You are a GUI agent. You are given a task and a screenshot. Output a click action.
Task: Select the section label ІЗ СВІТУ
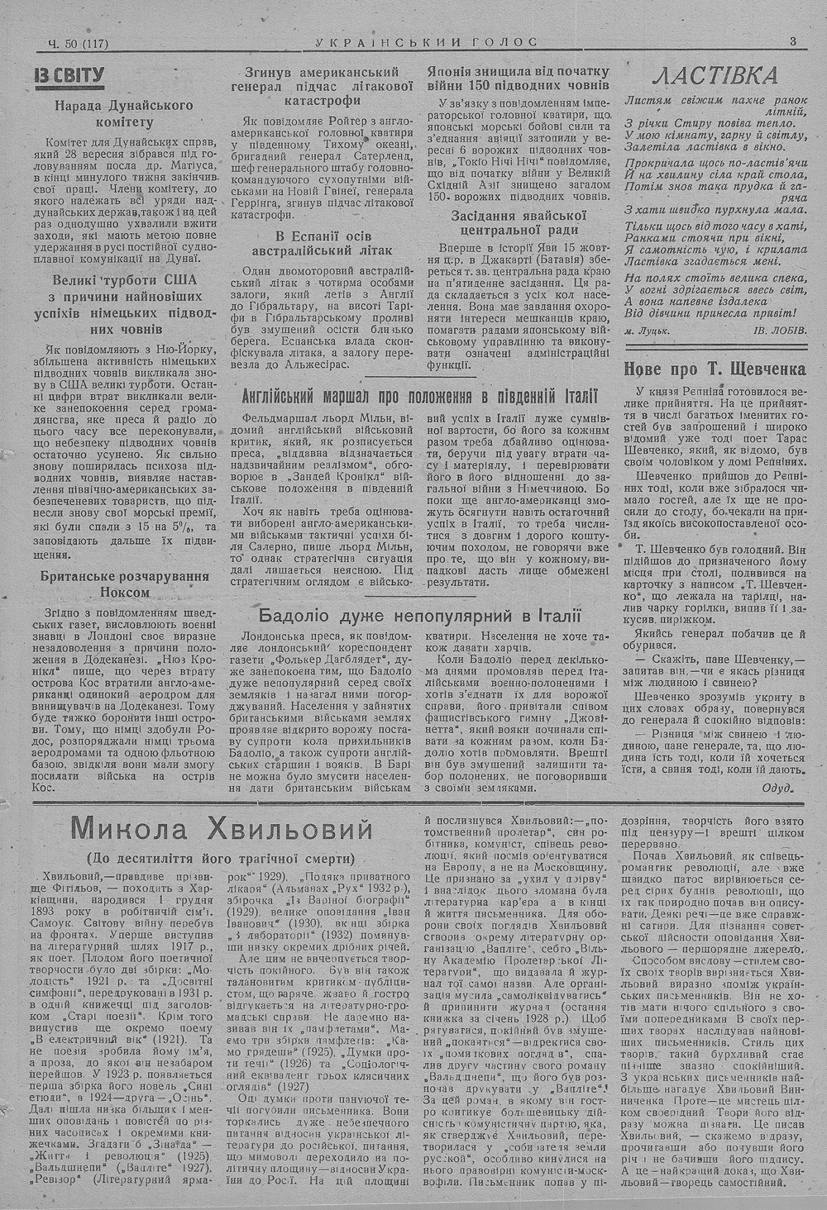tap(69, 78)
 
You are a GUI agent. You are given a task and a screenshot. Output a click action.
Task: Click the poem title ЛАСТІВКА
tap(715, 77)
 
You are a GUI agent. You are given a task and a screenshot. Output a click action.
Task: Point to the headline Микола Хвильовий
tap(222, 828)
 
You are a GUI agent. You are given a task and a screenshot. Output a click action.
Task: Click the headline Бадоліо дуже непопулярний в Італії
tap(420, 616)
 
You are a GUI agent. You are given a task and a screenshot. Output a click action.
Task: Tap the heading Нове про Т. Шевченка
tap(714, 369)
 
